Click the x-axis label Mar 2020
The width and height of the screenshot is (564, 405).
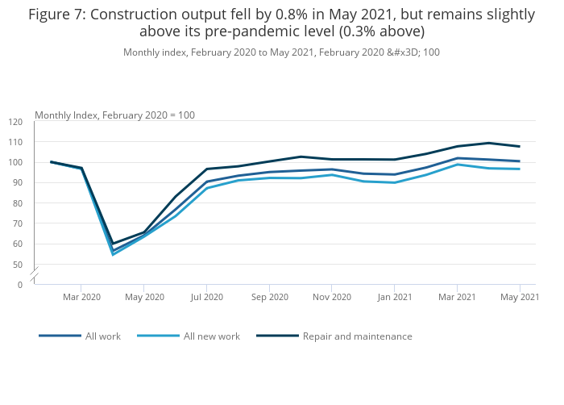coord(81,297)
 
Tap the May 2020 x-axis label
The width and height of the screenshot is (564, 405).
coord(144,297)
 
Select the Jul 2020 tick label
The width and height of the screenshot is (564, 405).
coord(207,297)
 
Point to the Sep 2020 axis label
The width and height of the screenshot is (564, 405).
coord(269,297)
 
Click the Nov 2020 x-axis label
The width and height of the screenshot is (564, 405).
coord(332,297)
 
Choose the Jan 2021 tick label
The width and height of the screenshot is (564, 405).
coord(395,297)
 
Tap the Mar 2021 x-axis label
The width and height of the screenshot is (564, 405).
coord(457,297)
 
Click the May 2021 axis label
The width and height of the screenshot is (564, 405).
coord(520,297)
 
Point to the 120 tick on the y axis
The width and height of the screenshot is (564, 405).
coord(16,122)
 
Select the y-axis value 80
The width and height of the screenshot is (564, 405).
coord(18,203)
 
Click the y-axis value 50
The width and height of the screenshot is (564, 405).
coord(18,264)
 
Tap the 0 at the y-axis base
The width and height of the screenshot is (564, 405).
coord(20,285)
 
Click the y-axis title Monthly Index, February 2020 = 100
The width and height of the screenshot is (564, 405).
coord(114,115)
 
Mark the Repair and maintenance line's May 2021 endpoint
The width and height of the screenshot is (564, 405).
coord(520,146)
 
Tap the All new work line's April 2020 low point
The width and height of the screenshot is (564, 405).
coord(113,254)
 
